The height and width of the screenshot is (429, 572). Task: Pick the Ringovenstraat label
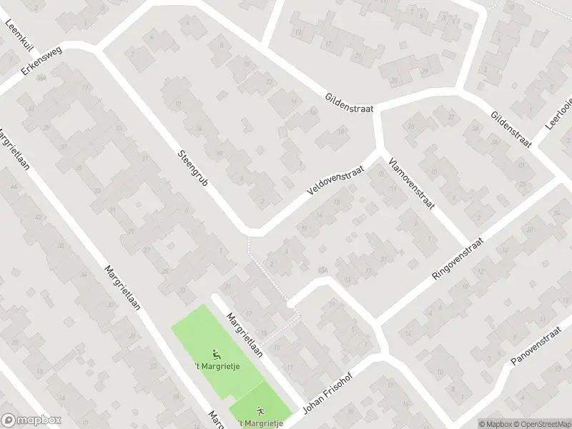tap(458, 260)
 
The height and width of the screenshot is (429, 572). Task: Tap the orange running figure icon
tap(260, 410)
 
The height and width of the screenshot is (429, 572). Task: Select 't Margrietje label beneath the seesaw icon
tap(217, 367)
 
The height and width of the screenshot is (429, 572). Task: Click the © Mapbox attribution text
tap(496, 423)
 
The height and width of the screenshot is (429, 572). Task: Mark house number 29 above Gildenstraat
tap(425, 72)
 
